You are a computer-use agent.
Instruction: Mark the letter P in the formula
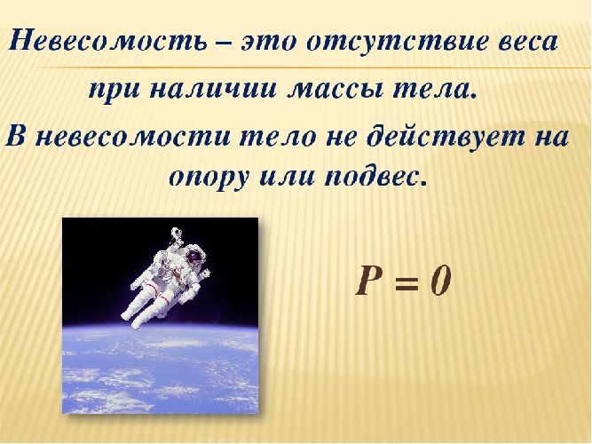tap(369, 281)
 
